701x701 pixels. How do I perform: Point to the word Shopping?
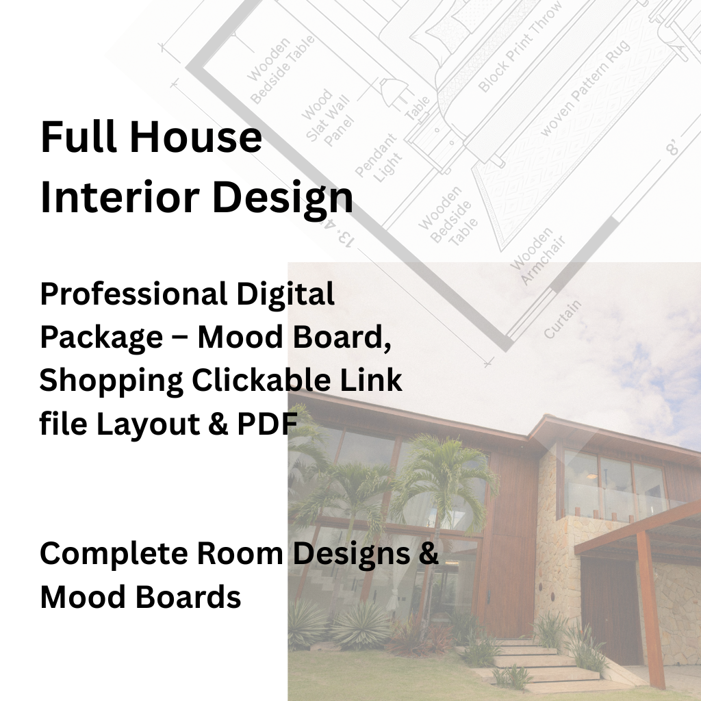[110, 381]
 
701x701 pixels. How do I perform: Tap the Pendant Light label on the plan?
[377, 158]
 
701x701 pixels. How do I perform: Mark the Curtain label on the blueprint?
[562, 318]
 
